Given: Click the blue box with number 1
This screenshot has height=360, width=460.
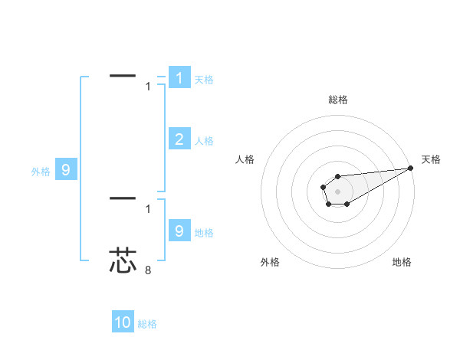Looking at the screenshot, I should [179, 78].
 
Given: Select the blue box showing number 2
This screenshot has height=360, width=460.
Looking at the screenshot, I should [179, 139].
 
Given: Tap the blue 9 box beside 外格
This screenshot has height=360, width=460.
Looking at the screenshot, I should [65, 170].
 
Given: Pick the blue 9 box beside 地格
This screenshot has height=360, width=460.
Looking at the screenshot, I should [179, 231].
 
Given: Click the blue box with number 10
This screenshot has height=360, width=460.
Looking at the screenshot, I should [123, 322].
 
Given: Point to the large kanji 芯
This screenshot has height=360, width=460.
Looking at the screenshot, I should [123, 260].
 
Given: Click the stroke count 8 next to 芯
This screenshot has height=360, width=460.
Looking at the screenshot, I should [148, 270].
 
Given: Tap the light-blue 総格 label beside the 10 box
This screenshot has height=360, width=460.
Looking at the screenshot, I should [147, 324].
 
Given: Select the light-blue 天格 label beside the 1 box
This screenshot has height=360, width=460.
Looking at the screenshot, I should [204, 80].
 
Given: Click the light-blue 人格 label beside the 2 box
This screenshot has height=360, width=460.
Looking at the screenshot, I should [204, 141].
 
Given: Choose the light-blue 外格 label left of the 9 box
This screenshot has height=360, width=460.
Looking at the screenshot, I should [41, 172].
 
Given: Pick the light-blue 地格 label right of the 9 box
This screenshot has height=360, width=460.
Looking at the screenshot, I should [204, 233].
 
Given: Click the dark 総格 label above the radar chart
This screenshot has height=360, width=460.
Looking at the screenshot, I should [337, 100].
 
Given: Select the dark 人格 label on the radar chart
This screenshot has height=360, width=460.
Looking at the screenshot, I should [245, 159].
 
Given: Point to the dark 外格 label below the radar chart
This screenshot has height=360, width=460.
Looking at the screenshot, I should [270, 262].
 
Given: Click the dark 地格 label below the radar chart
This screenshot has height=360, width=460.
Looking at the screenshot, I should [402, 262].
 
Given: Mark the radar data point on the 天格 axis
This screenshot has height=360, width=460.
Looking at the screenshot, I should [410, 168].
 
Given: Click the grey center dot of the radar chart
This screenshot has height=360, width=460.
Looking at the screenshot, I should [337, 190].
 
